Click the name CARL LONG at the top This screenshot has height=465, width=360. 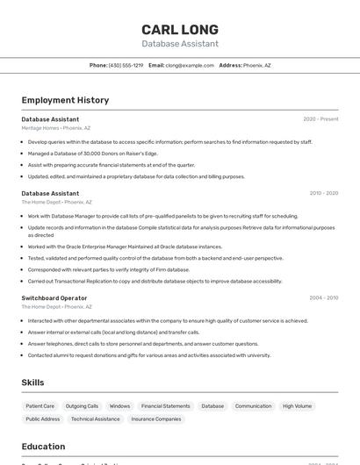(x=180, y=29)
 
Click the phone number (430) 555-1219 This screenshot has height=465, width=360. (x=126, y=65)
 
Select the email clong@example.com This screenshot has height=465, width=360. (x=190, y=65)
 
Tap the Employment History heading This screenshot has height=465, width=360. (x=65, y=100)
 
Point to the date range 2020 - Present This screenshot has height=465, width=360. (x=320, y=118)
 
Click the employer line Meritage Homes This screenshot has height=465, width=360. (x=55, y=127)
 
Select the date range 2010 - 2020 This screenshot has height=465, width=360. (x=323, y=193)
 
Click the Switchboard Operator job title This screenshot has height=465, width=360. (x=54, y=297)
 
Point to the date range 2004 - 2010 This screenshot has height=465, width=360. (x=323, y=297)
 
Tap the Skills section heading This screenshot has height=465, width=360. (x=33, y=383)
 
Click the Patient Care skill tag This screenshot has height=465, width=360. (x=40, y=406)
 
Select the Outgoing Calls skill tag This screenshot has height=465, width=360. (x=82, y=406)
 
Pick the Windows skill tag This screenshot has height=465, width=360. (x=119, y=406)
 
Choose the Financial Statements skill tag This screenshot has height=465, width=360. (x=165, y=406)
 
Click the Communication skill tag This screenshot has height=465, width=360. (x=253, y=406)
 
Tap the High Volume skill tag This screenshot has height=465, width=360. (x=297, y=406)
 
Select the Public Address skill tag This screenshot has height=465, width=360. (x=43, y=419)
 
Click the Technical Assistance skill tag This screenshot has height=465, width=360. (x=96, y=419)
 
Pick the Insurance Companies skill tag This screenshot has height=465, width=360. (x=155, y=419)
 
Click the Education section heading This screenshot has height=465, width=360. (x=43, y=446)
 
